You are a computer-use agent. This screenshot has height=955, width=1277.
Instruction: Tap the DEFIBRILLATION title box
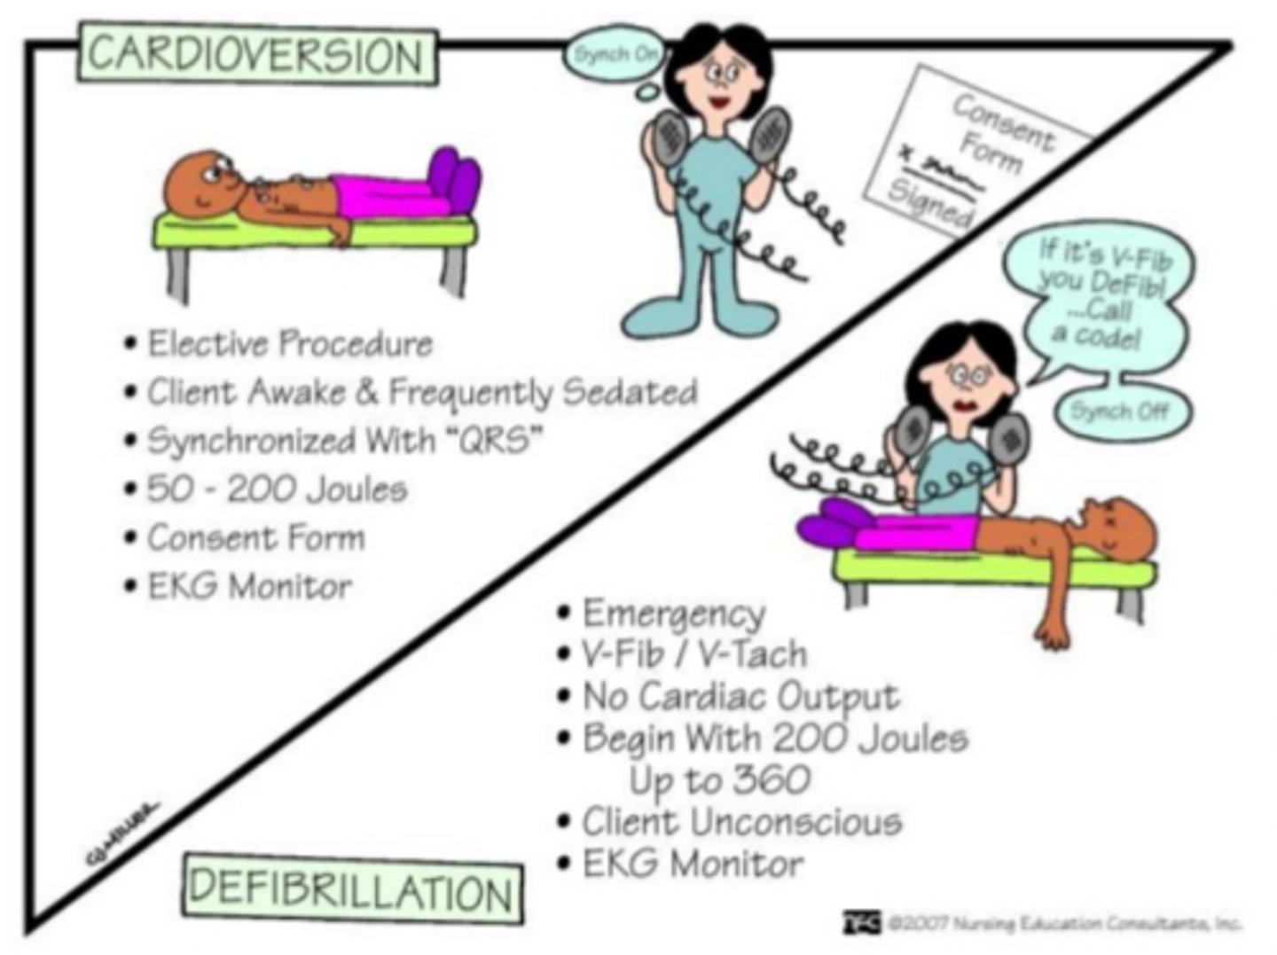[352, 889]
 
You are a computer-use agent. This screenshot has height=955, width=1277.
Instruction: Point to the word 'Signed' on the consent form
[929, 202]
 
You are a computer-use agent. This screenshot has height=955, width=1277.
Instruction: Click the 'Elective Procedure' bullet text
[289, 343]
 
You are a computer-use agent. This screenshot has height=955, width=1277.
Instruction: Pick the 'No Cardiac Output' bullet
[740, 696]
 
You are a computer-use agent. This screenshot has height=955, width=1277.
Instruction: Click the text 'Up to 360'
[719, 780]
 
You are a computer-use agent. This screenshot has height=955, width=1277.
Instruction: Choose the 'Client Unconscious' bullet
[741, 822]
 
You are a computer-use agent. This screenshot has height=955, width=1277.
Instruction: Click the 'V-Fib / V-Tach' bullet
[693, 654]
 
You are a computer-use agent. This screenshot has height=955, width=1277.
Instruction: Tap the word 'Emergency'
[673, 613]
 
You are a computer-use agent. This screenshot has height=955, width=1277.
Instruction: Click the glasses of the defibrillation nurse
[968, 377]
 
